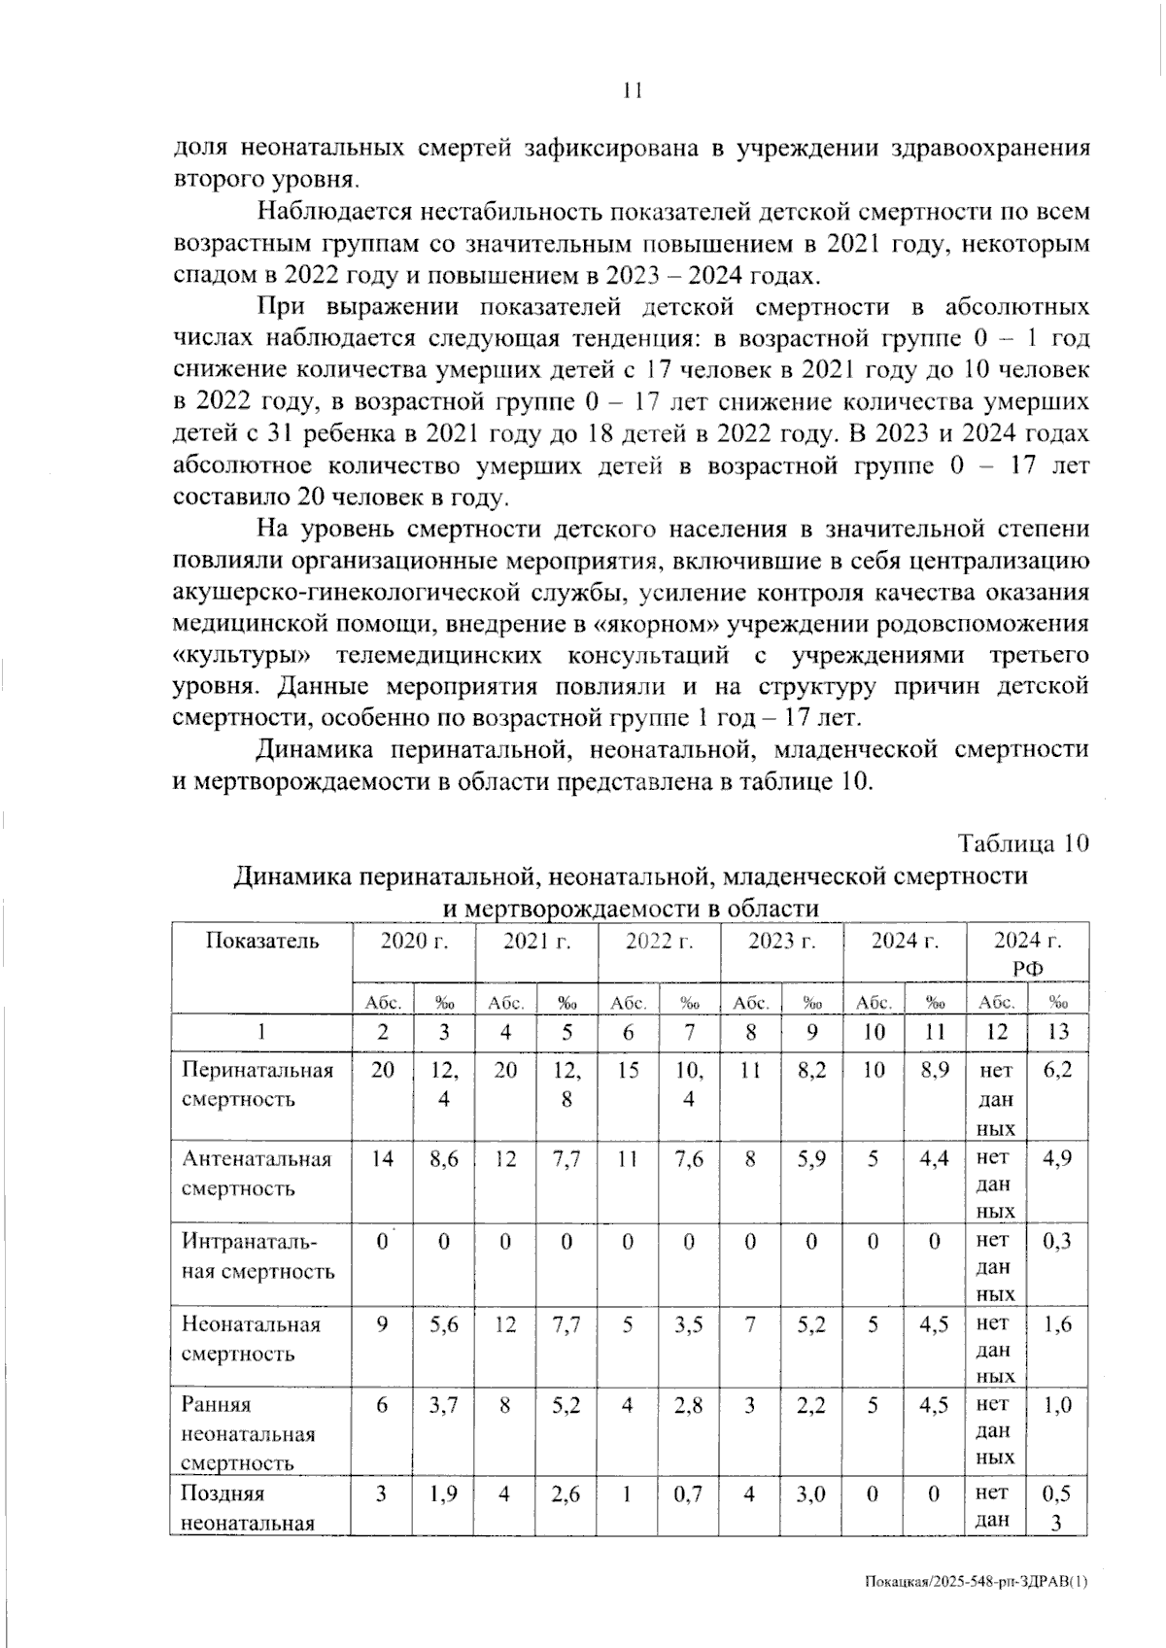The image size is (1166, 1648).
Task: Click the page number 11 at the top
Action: pos(632,91)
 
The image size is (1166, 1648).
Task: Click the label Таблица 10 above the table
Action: pos(1023,843)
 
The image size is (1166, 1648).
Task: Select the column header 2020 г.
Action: pos(413,941)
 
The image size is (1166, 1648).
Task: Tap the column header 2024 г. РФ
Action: pos(1027,953)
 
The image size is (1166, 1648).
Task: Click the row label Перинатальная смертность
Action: pos(257,1084)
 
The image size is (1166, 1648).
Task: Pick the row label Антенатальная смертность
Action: pos(257,1173)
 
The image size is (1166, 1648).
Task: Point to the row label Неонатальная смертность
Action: pos(251,1338)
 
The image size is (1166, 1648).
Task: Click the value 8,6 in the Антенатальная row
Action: pos(444,1159)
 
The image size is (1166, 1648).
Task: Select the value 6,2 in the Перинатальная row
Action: pos(1057,1070)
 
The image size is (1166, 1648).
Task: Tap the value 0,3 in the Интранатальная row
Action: pos(1057,1241)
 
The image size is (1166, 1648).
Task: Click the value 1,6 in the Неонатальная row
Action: pos(1057,1323)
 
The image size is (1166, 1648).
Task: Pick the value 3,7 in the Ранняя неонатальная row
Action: pos(444,1405)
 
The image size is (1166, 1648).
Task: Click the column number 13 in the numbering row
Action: pos(1057,1032)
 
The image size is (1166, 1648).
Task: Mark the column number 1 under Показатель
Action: pos(260,1032)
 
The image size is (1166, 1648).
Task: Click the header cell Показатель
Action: pos(260,941)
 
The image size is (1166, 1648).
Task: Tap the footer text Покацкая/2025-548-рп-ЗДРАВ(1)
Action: pos(976,1581)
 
